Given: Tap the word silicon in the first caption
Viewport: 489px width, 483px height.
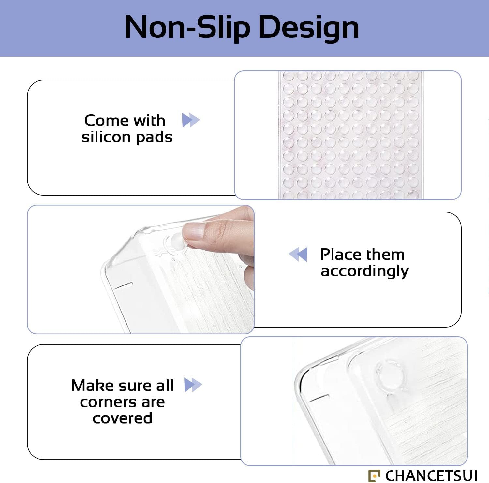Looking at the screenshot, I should (106, 137).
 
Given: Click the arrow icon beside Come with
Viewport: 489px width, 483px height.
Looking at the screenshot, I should (191, 120).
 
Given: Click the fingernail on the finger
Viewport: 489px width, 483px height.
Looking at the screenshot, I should (194, 231).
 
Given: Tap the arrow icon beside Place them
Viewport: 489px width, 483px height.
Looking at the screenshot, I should (298, 254).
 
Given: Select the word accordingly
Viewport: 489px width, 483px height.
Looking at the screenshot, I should (364, 271).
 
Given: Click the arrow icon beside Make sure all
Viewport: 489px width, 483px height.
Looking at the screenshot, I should (193, 385).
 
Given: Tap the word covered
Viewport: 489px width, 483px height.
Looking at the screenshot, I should (122, 418).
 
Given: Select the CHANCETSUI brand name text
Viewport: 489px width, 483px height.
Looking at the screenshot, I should (431, 476).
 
